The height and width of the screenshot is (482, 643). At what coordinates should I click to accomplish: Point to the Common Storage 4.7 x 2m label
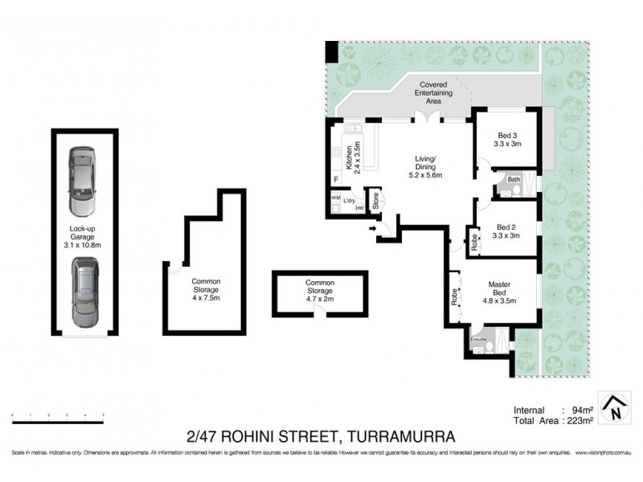coord(320,289)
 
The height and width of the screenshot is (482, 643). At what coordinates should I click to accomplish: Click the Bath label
coord(514,179)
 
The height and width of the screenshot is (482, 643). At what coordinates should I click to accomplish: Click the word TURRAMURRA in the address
coord(399,437)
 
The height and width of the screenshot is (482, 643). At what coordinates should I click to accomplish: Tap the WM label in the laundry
coord(335,198)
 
